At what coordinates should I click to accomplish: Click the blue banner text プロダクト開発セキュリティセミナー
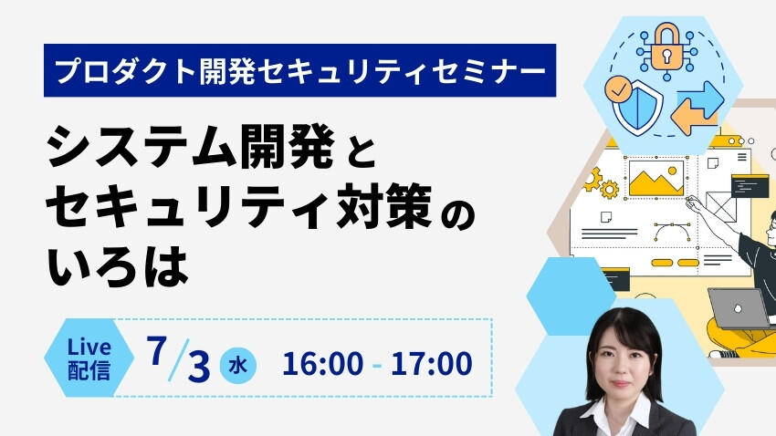pyautogui.click(x=300, y=70)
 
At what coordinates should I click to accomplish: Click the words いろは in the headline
pyautogui.click(x=118, y=267)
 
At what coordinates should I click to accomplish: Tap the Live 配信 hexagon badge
pyautogui.click(x=89, y=358)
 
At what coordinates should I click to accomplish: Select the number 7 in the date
pyautogui.click(x=156, y=351)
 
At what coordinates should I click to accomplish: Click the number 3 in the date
pyautogui.click(x=199, y=368)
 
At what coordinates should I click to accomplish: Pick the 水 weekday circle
pyautogui.click(x=238, y=366)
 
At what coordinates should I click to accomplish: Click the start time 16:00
pyautogui.click(x=322, y=364)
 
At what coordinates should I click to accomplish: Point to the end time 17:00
pyautogui.click(x=431, y=364)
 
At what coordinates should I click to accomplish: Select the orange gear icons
pyautogui.click(x=600, y=183)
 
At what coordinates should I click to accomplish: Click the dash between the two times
pyautogui.click(x=377, y=367)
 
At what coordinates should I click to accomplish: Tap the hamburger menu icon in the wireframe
pyautogui.click(x=742, y=157)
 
